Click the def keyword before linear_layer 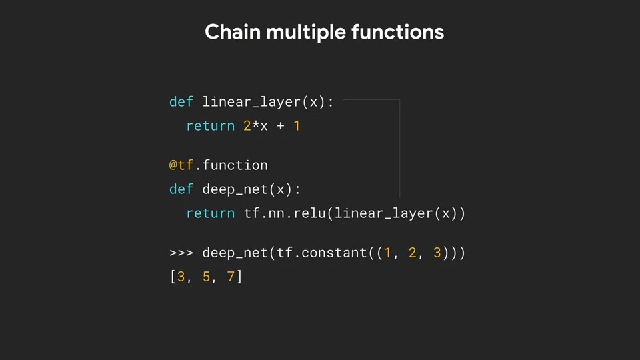pyautogui.click(x=181, y=102)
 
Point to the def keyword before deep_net pyautogui.click(x=181, y=189)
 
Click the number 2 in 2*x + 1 pyautogui.click(x=247, y=126)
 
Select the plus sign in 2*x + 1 pyautogui.click(x=280, y=126)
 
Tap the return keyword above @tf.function pyautogui.click(x=210, y=126)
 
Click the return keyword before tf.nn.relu pyautogui.click(x=210, y=213)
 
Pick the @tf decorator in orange pyautogui.click(x=181, y=165)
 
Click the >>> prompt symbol pyautogui.click(x=181, y=253)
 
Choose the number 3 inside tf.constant pyautogui.click(x=437, y=253)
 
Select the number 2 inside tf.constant pyautogui.click(x=412, y=253)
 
